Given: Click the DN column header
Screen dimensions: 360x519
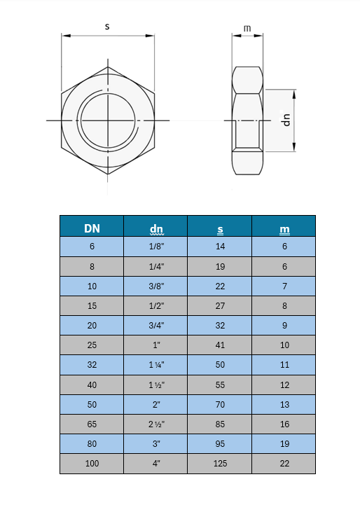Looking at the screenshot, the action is [92, 228].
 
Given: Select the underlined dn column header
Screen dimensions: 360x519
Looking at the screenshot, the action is [156, 229].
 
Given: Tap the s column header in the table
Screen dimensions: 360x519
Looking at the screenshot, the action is [220, 229].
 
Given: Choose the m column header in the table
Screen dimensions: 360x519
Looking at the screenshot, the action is [284, 229].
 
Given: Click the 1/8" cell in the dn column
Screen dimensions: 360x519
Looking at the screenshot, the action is [156, 247].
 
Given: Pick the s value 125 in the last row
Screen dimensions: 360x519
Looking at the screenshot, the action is [220, 464].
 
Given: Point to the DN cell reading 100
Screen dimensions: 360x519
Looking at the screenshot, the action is [92, 464].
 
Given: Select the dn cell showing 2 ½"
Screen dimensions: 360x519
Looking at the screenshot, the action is [156, 424].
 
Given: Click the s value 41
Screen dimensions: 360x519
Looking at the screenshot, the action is [220, 345].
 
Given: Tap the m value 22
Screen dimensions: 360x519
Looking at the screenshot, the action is [284, 464].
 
